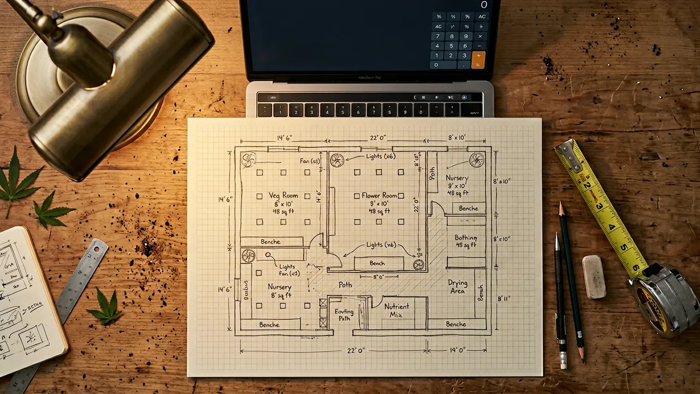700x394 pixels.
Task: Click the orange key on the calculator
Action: [479, 60]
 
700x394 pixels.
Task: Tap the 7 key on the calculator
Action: [437, 36]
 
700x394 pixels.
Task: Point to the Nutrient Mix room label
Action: [396, 311]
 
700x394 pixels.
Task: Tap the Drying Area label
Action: [458, 287]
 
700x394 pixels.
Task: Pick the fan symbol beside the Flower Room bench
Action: [418, 265]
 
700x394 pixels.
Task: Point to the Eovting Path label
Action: [343, 315]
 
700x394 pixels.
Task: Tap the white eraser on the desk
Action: [594, 276]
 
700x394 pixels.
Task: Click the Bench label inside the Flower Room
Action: [377, 263]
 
